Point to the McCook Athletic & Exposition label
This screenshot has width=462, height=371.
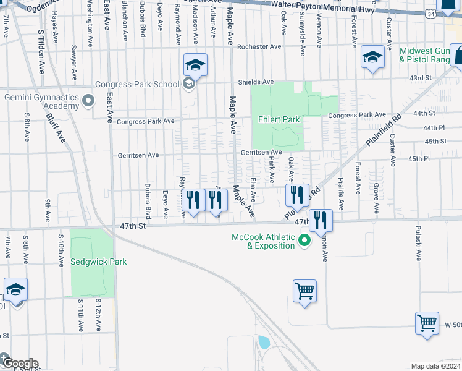(x=263, y=241)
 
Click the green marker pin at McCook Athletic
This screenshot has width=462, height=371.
(x=304, y=241)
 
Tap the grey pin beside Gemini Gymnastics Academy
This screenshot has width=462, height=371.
(x=88, y=100)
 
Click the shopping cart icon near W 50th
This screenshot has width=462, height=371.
(x=427, y=323)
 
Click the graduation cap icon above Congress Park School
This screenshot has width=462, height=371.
(x=195, y=64)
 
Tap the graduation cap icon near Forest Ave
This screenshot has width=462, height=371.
(x=372, y=58)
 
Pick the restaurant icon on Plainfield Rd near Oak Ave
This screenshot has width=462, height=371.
(x=297, y=195)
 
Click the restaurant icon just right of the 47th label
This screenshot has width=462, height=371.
(x=321, y=220)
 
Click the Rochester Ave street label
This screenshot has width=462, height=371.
(x=259, y=46)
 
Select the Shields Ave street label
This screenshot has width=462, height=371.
(x=256, y=82)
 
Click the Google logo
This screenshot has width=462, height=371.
(x=20, y=364)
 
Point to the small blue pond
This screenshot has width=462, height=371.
(x=264, y=342)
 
